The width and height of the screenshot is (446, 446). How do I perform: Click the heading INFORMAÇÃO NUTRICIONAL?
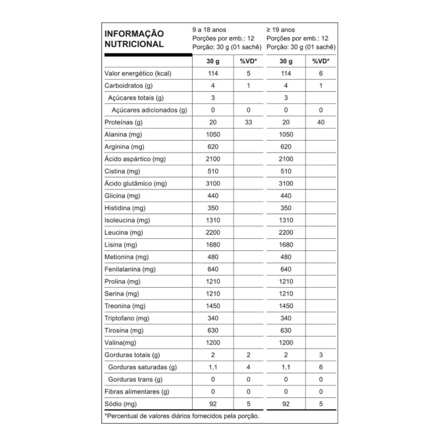134,39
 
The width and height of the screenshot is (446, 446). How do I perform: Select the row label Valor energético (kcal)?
138,73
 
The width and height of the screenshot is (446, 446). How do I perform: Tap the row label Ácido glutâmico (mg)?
136,183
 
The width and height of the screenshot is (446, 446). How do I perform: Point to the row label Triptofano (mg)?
127,318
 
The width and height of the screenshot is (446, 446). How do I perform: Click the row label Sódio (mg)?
120,404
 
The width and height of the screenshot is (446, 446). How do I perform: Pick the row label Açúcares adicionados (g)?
149,110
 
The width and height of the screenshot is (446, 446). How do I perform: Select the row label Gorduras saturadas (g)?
142,367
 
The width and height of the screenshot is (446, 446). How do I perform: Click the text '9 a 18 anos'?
209,30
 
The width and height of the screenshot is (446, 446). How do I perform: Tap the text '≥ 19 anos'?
281,30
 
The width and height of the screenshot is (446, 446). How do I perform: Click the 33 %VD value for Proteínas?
248,122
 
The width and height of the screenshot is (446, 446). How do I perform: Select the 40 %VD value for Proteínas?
321,122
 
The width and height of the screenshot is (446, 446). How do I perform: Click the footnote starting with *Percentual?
182,416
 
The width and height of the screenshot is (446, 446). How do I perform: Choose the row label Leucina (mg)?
123,232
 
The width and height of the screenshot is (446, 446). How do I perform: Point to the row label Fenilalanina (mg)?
130,269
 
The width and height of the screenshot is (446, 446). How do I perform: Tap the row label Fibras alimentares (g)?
136,391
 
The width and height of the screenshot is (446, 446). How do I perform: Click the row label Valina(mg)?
120,343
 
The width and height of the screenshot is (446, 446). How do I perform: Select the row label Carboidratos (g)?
129,85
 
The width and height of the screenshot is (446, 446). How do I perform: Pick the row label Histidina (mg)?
125,208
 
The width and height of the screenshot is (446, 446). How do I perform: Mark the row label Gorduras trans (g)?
135,379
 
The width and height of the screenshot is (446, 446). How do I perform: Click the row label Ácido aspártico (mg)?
135,159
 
